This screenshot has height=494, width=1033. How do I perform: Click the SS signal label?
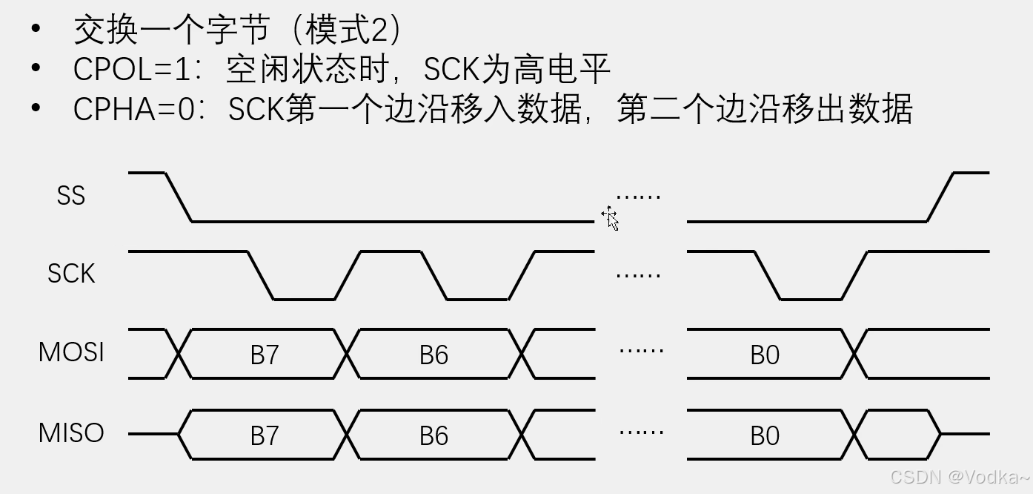point(71,196)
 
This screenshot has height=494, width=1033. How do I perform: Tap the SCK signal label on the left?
point(71,274)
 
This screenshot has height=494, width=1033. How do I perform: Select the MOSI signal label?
point(71,352)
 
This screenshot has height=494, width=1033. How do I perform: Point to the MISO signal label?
point(71,432)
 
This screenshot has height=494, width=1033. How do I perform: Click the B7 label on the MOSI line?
point(264,355)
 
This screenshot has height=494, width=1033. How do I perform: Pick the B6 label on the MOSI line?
point(434,355)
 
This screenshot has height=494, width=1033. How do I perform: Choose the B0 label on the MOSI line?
point(765,355)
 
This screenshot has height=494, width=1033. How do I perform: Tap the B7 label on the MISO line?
point(264,435)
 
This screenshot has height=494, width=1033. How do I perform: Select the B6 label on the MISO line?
point(434,435)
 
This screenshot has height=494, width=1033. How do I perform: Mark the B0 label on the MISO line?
point(765,435)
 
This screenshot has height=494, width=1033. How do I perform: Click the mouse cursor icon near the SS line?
point(611,218)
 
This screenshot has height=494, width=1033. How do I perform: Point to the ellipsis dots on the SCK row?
point(638,275)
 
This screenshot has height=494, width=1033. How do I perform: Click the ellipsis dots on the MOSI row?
point(641,349)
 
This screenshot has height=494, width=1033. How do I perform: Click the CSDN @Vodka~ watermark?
point(959,477)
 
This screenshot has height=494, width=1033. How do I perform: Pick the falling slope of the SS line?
point(178,197)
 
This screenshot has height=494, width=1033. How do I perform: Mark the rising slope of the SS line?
point(940,197)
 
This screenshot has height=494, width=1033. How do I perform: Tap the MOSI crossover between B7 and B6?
point(347,354)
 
